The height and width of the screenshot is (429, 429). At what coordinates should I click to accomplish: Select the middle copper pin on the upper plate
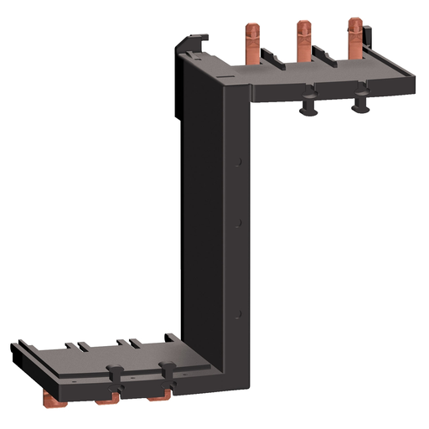coord(301,40)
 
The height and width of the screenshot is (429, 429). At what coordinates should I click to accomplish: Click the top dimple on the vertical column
coord(239,159)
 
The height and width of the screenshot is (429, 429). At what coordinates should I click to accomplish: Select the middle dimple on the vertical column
coord(239,223)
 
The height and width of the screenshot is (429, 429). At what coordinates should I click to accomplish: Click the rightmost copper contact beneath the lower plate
coord(168,392)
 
